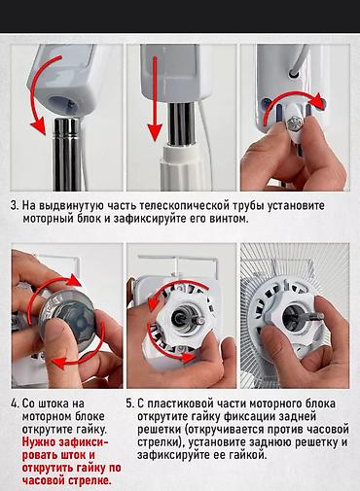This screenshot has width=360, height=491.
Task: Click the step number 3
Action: tap(15, 206)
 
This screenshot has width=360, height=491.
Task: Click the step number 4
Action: tap(15, 401)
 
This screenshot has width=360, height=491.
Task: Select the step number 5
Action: tap(130, 401)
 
